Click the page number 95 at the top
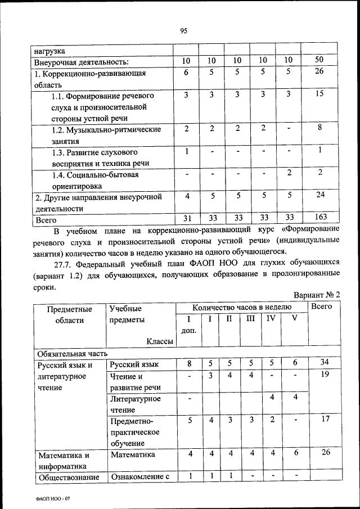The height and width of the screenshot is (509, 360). pos(183,31)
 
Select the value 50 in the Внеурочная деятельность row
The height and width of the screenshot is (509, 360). pos(318,60)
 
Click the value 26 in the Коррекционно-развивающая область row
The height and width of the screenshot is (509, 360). pos(318,71)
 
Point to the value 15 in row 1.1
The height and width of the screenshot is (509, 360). pos(318,94)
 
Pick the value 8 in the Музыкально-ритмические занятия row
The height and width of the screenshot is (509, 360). pos(318,128)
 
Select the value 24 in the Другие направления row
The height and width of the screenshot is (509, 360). pos(318,195)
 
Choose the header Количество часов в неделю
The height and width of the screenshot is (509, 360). pos(242,307)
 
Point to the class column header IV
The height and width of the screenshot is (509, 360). pos(271,319)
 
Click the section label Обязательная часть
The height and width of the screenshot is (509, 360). pos(71,354)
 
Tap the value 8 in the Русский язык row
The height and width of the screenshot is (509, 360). pos(190,363)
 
